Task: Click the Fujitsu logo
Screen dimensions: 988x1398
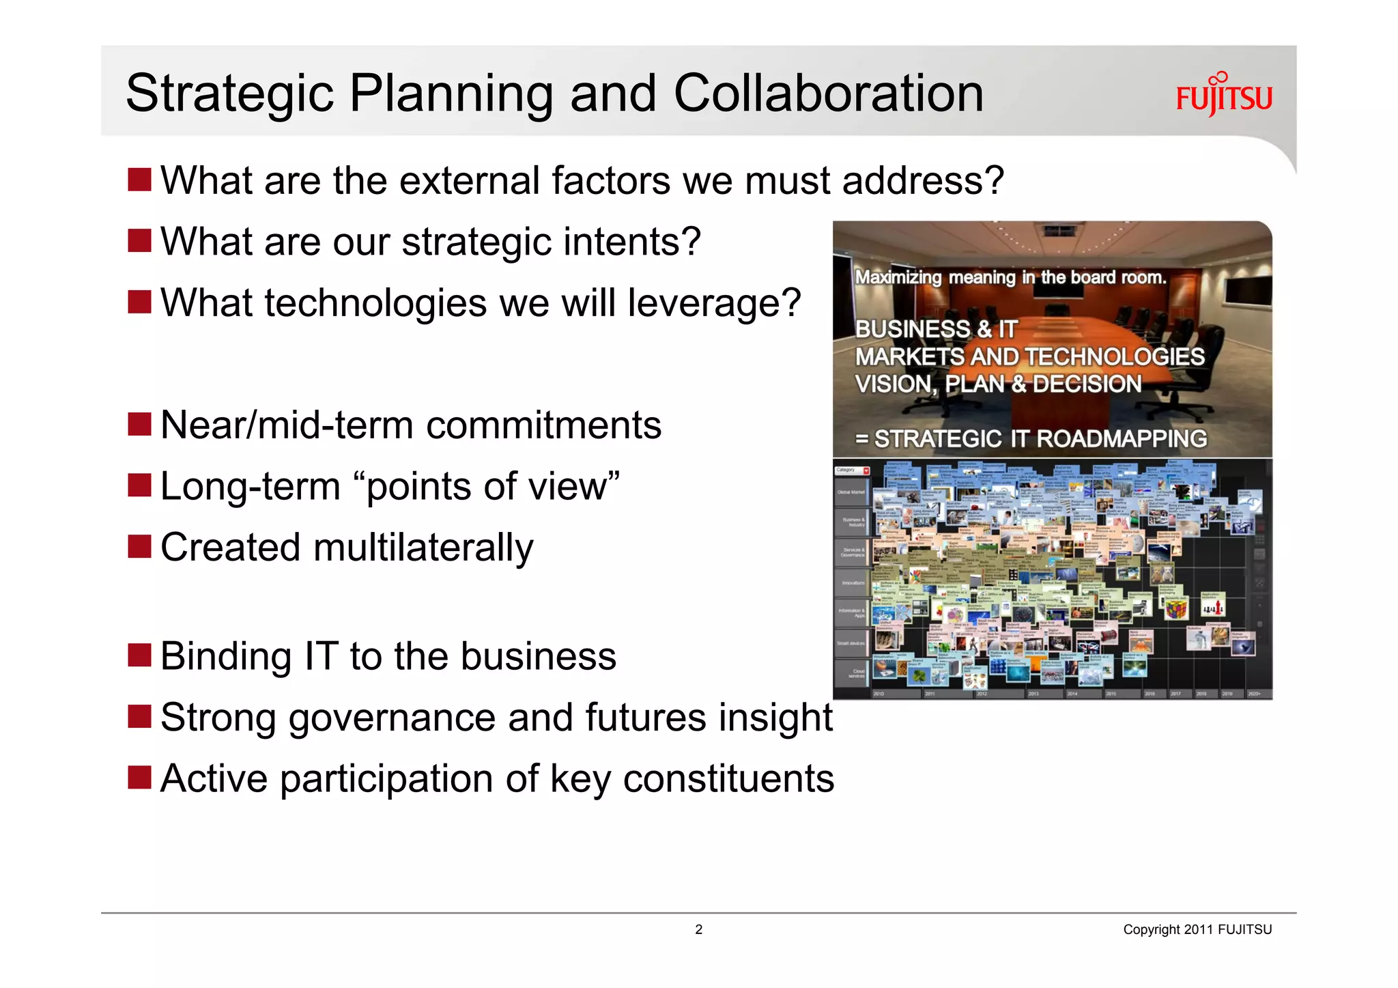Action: pyautogui.click(x=1224, y=96)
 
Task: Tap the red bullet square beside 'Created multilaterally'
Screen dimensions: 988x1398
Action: pyautogui.click(x=139, y=547)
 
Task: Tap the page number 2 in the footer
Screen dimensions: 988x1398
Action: pyautogui.click(x=698, y=929)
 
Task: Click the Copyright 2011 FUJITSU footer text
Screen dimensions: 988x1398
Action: pyautogui.click(x=1197, y=929)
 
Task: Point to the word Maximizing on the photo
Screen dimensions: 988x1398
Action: pyautogui.click(x=898, y=277)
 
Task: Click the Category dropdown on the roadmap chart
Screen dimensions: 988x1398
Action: pyautogui.click(x=852, y=470)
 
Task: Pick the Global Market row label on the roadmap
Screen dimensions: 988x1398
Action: pyautogui.click(x=851, y=492)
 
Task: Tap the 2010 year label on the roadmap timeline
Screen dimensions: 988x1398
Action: pyautogui.click(x=879, y=694)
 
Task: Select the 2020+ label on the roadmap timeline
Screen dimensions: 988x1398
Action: pyautogui.click(x=1254, y=694)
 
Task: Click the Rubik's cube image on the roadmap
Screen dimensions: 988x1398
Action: pyautogui.click(x=1175, y=608)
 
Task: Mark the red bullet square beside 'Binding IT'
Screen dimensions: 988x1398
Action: pyautogui.click(x=139, y=655)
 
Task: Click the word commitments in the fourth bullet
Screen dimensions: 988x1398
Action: pyautogui.click(x=543, y=425)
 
